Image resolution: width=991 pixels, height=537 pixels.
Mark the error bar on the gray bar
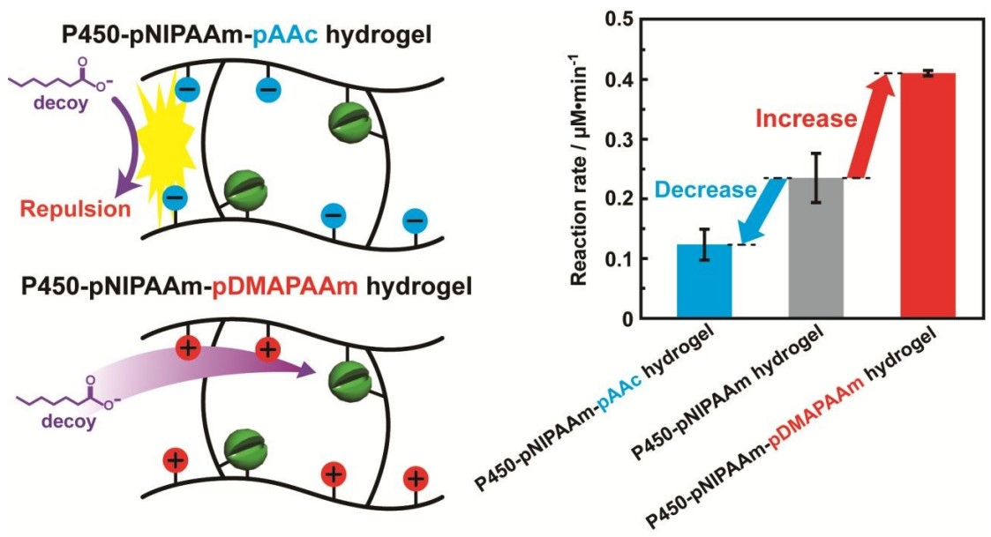point(816,177)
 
